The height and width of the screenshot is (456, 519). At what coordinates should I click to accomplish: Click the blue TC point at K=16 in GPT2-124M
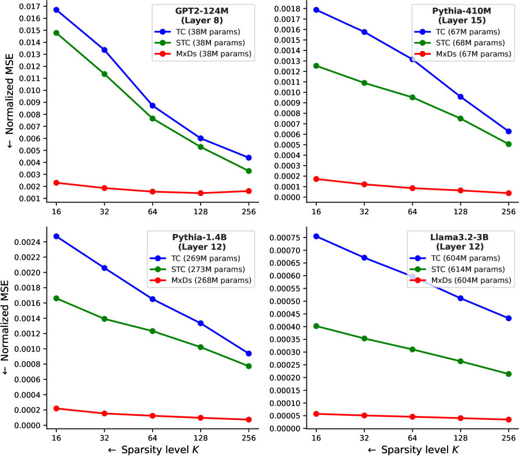pyautogui.click(x=56, y=10)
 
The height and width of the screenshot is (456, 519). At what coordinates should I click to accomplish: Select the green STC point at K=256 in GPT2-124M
pyautogui.click(x=248, y=171)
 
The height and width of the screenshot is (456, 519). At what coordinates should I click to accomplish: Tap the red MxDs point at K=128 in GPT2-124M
pyautogui.click(x=200, y=193)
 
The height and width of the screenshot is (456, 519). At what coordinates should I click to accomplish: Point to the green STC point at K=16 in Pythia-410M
pyautogui.click(x=316, y=66)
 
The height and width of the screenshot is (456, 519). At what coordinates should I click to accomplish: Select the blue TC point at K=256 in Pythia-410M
pyautogui.click(x=509, y=131)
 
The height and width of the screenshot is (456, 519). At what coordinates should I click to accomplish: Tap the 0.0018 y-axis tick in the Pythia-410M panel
pyautogui.click(x=289, y=9)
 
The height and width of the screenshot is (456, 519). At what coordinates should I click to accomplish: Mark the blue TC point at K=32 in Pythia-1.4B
pyautogui.click(x=104, y=268)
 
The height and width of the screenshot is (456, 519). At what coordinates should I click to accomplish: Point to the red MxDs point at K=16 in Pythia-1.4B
pyautogui.click(x=56, y=409)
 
